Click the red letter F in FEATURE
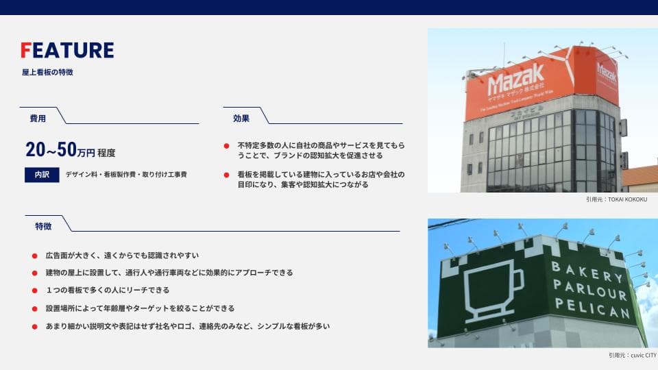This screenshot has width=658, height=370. point(26,51)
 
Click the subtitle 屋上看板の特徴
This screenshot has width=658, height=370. point(47,72)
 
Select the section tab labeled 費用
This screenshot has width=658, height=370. point(38,119)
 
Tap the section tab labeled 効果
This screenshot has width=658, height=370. point(241,119)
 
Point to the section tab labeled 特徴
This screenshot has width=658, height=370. point(43,226)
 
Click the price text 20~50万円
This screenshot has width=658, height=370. point(60,151)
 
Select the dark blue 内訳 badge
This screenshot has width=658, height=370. point(42,175)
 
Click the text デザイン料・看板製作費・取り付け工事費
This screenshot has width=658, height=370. point(126,175)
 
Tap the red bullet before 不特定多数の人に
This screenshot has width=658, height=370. point(227,146)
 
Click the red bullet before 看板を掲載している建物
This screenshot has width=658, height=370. point(227,175)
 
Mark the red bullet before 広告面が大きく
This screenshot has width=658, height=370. point(35,256)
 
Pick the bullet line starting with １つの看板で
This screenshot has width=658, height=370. point(108,291)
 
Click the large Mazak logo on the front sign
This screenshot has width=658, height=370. point(516,79)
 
